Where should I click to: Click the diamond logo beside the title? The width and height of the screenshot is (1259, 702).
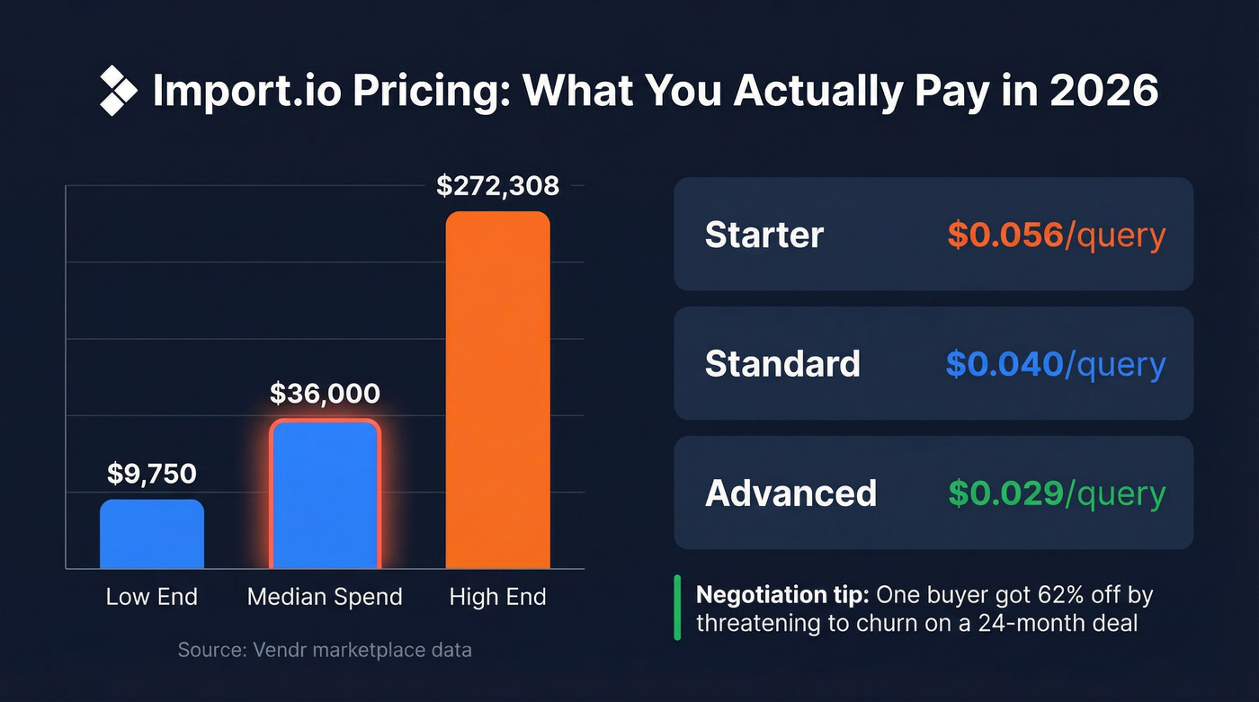(x=118, y=91)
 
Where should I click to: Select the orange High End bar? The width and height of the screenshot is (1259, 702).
(x=497, y=390)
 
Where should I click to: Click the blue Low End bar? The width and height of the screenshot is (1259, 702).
(x=152, y=534)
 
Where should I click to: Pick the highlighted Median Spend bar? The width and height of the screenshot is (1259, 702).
(x=325, y=494)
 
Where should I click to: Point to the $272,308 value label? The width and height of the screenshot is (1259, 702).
(x=497, y=186)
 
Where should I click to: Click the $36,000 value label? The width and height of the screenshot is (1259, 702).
(x=325, y=394)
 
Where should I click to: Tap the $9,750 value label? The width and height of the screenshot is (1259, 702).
(x=152, y=474)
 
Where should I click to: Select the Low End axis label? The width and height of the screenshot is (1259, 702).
(x=152, y=597)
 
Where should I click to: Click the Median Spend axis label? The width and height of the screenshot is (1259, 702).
(x=325, y=597)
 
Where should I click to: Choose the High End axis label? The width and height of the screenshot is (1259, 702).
(x=497, y=597)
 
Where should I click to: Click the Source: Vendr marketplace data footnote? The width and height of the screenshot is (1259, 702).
(x=325, y=649)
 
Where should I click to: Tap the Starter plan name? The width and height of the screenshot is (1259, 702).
(x=764, y=235)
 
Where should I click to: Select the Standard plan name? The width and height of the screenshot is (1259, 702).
(x=782, y=364)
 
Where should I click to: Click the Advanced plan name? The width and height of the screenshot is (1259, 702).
(x=790, y=493)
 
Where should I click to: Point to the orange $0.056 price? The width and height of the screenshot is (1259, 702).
(x=1005, y=235)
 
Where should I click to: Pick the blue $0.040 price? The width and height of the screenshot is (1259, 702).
(x=1004, y=364)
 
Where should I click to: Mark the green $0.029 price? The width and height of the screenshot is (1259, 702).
(x=1005, y=493)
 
